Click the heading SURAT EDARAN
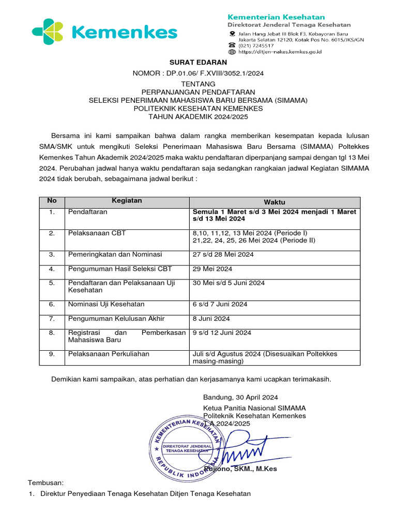[x=198, y=63]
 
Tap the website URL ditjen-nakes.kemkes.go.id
[x=280, y=52]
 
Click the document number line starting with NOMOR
[x=198, y=73]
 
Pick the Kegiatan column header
[x=127, y=200]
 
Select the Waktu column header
[x=274, y=202]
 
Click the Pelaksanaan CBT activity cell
[x=97, y=233]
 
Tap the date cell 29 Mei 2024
[x=212, y=269]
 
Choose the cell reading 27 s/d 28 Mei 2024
[x=223, y=254]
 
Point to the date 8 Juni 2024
[x=211, y=319]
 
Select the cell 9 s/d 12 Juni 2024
[x=222, y=333]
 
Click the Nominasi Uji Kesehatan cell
[x=106, y=304]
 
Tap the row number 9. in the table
[x=52, y=354]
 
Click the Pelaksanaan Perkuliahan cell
[x=109, y=354]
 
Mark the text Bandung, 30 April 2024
[x=240, y=397]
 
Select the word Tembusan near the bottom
[x=45, y=483]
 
